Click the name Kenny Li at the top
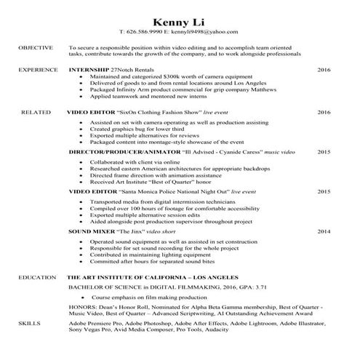tap(179, 19)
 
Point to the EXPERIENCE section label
tap(38, 70)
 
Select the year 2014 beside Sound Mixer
tap(324, 231)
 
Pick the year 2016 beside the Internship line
tap(324, 70)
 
